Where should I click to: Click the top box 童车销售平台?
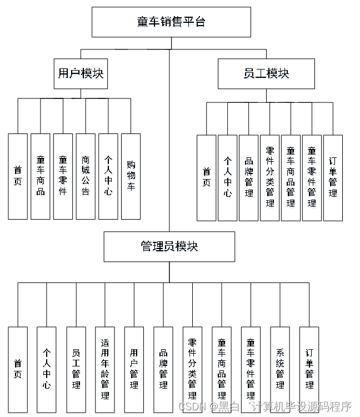171,22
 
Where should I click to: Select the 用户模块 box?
81,73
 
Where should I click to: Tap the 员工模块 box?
266,73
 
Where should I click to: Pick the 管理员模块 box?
169,246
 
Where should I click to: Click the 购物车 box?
131,176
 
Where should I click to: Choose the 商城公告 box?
86,176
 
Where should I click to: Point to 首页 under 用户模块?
18,176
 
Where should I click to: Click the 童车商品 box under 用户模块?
41,176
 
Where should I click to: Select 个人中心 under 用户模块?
108,176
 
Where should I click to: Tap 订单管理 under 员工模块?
333,178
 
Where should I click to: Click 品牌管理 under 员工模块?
248,178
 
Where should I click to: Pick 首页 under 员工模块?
207,178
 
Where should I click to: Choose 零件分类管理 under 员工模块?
269,178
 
